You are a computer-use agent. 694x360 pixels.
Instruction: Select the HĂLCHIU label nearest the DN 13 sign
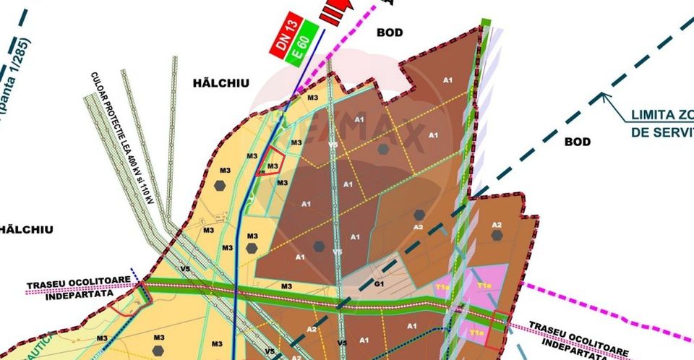pos(221,84)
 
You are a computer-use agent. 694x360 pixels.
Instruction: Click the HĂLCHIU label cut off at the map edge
pos(27,229)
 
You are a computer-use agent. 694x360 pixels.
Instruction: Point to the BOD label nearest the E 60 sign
pos(389,33)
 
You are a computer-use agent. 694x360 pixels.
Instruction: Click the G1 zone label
pos(378,284)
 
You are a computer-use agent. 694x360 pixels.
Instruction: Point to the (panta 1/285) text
pos(14,80)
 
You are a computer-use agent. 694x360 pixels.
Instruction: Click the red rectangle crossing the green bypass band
pos(496,329)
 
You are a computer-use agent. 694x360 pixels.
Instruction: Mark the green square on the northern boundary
pos(486,23)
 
